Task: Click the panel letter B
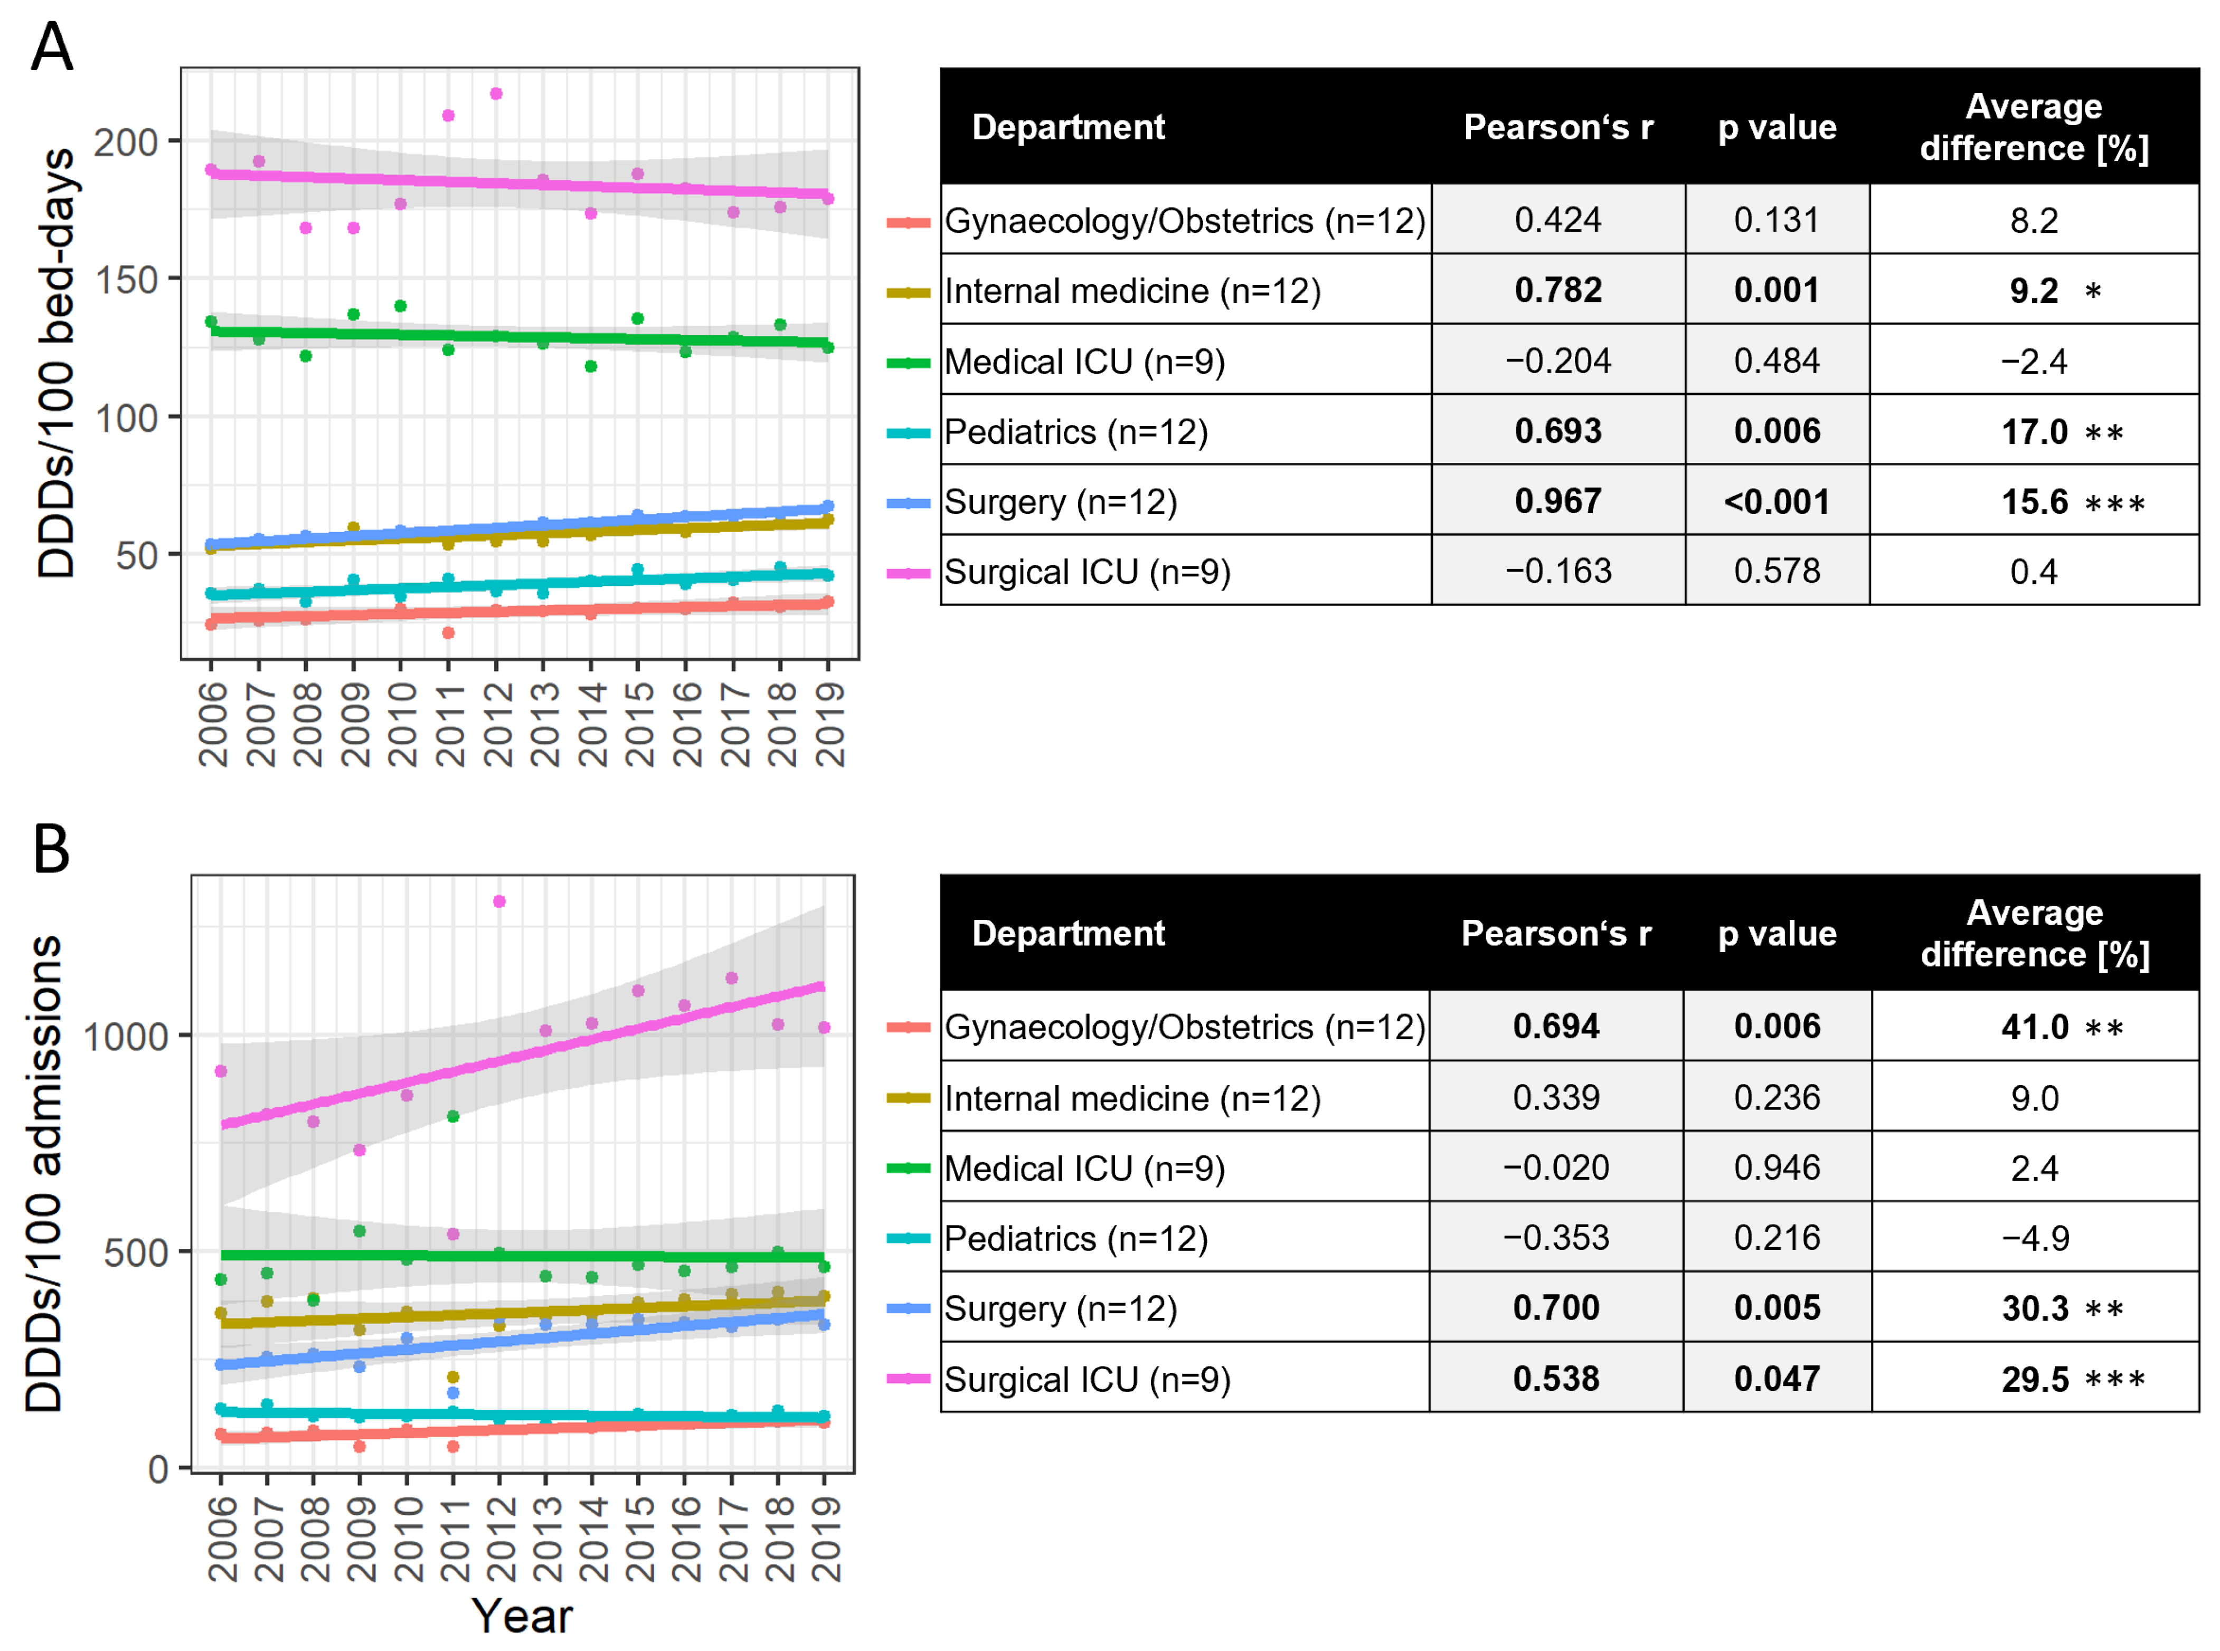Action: [51, 849]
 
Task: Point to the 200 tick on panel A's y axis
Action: [126, 142]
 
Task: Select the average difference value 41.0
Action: [2034, 1027]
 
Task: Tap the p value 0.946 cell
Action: [1776, 1168]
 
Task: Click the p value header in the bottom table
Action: [1776, 933]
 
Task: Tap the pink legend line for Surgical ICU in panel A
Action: [908, 573]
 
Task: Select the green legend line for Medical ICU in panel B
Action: [908, 1168]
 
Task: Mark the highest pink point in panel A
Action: [496, 94]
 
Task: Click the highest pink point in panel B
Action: [500, 902]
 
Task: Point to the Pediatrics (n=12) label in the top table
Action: [1075, 432]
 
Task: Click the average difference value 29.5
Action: [2034, 1379]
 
